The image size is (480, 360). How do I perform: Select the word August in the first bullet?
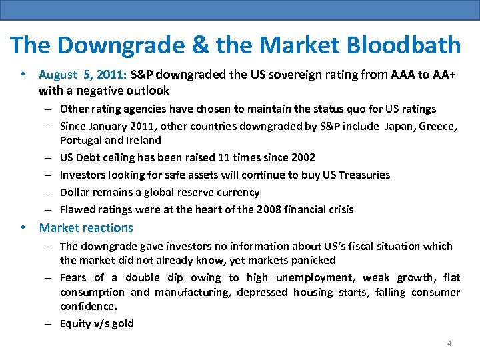click(57, 75)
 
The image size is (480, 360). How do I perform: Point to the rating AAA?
click(397, 75)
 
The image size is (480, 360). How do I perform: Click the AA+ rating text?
click(442, 75)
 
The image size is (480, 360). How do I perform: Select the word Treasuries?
click(363, 175)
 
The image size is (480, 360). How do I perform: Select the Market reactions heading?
click(86, 228)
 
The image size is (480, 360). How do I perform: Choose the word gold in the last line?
click(123, 324)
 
